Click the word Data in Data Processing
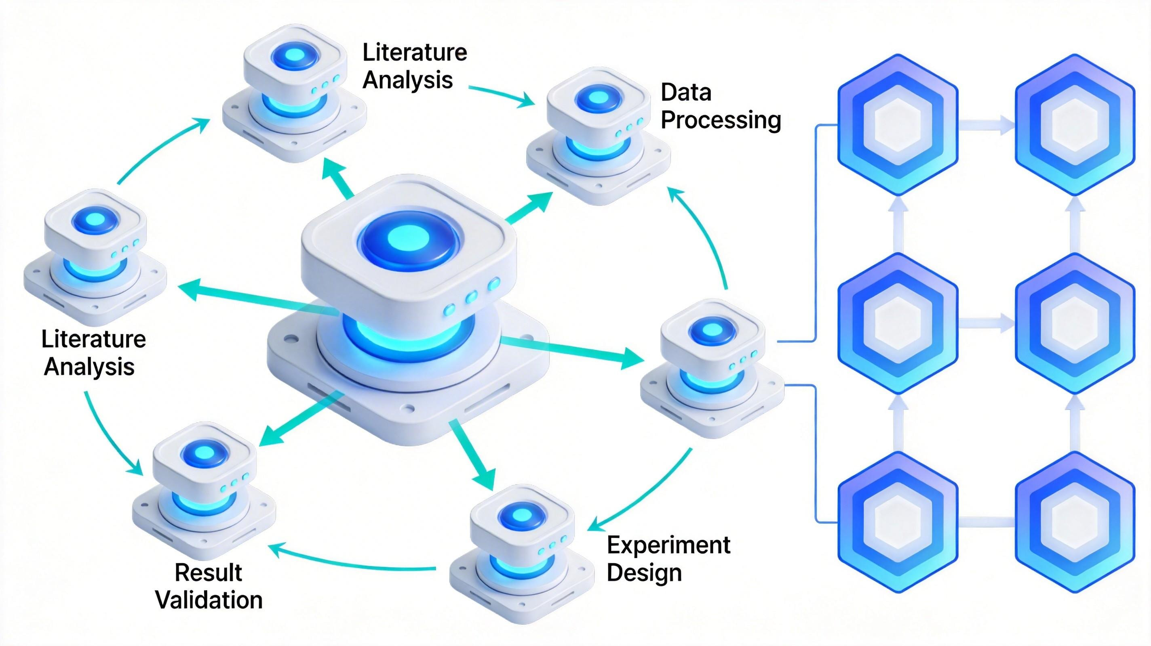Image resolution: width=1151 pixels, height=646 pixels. click(686, 92)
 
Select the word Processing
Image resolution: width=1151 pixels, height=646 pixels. click(721, 120)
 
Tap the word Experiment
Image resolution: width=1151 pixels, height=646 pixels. click(668, 545)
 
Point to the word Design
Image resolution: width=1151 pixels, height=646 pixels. click(644, 573)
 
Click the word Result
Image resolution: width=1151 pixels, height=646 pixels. click(208, 573)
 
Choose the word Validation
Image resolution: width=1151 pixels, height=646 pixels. click(209, 600)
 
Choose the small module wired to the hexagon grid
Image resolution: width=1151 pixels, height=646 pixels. click(712, 368)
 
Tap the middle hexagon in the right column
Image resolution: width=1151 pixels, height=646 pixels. click(1075, 323)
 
